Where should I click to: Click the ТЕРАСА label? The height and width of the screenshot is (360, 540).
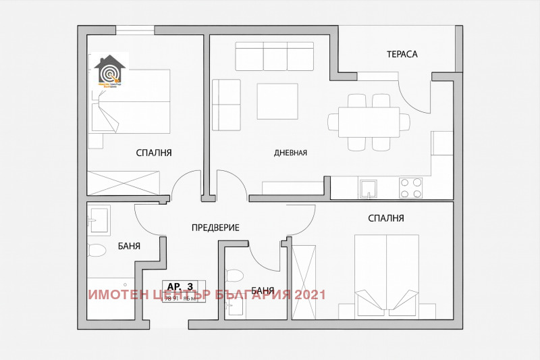pyautogui.click(x=402, y=53)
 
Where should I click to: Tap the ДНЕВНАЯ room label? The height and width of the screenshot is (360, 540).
pyautogui.click(x=291, y=153)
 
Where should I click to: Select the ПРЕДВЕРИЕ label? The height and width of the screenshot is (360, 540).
pyautogui.click(x=215, y=228)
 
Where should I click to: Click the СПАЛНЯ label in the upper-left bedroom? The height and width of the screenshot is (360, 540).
pyautogui.click(x=154, y=153)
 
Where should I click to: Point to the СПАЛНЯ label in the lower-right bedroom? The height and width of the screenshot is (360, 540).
pyautogui.click(x=386, y=218)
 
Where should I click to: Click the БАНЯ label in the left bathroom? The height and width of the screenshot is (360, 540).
pyautogui.click(x=128, y=247)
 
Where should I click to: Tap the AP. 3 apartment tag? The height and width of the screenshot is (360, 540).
pyautogui.click(x=182, y=286)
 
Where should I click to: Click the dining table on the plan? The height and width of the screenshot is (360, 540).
pyautogui.click(x=369, y=122)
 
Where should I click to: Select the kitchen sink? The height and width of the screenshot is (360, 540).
pyautogui.click(x=368, y=188)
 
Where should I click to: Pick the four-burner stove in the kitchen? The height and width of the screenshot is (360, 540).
pyautogui.click(x=411, y=188)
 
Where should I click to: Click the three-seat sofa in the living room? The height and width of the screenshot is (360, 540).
pyautogui.click(x=275, y=56)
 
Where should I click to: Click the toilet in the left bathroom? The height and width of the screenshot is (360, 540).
pyautogui.click(x=97, y=251)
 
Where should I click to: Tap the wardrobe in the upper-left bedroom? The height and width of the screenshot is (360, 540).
pyautogui.click(x=124, y=183)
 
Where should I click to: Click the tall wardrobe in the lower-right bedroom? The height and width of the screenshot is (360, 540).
pyautogui.click(x=304, y=282)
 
